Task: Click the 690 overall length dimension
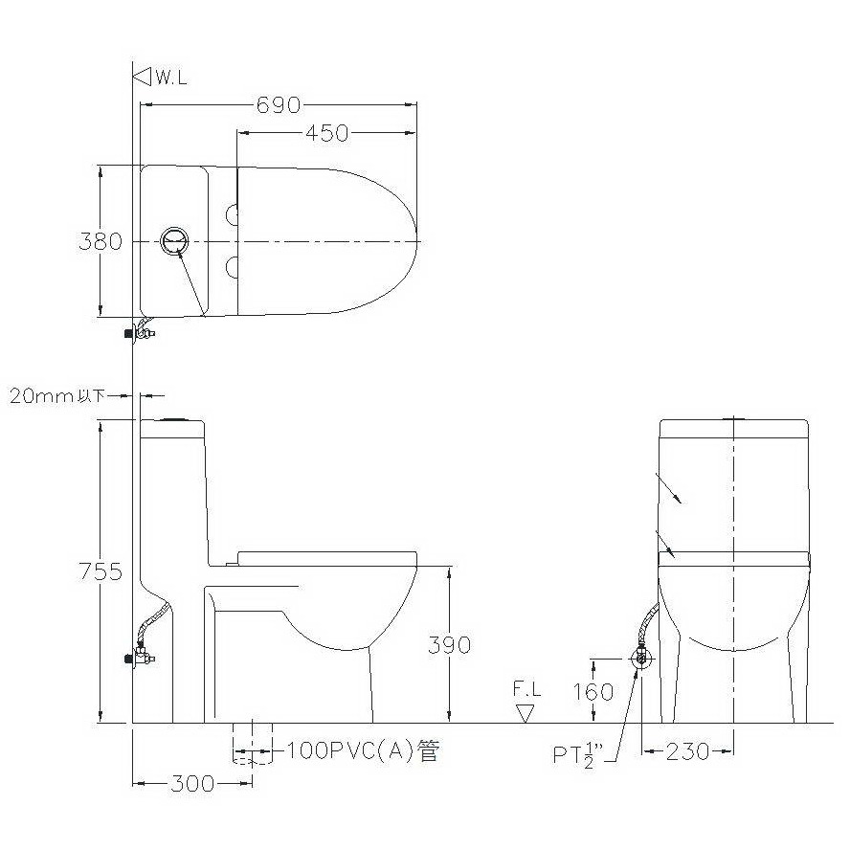279,105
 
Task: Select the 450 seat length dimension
326,133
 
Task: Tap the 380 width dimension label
101,241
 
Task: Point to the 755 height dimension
101,571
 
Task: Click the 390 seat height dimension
449,645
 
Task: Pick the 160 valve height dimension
593,692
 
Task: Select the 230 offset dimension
687,751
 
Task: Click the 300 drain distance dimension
192,783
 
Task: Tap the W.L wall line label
171,78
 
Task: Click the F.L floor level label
526,689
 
